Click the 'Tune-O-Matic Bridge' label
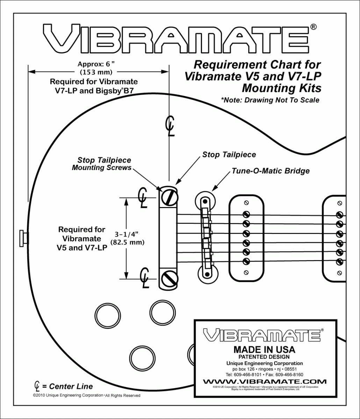(x=271, y=171)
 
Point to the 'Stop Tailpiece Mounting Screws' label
(x=104, y=164)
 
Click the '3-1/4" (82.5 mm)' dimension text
(x=127, y=238)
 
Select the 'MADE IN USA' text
(x=264, y=350)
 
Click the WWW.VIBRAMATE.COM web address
(x=265, y=381)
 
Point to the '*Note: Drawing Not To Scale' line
(x=270, y=100)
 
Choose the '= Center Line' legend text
(x=67, y=387)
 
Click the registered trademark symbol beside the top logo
(x=314, y=27)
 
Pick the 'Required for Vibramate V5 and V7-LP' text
(x=81, y=239)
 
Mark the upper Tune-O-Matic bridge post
(x=205, y=199)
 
